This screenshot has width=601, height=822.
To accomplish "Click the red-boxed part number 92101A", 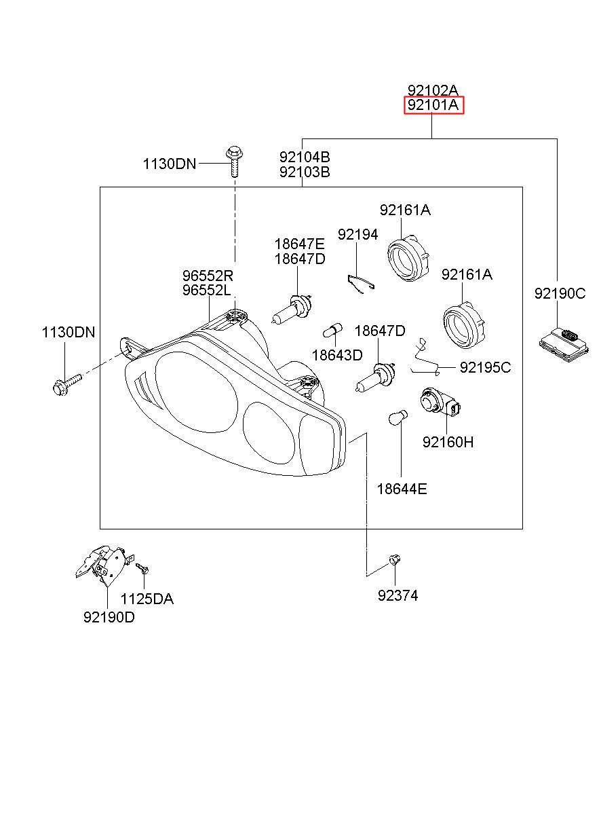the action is click(x=433, y=105).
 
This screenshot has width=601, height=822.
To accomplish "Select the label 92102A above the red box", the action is click(x=433, y=90).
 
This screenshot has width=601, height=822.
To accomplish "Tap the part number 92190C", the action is click(x=560, y=293).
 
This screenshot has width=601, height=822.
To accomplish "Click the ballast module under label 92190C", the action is click(x=563, y=345).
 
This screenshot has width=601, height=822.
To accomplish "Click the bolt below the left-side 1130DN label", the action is click(x=68, y=384).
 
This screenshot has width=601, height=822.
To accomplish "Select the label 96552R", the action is click(x=208, y=275).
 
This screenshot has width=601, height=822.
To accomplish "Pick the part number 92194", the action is click(x=358, y=234).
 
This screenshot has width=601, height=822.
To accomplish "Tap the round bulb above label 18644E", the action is click(x=398, y=417).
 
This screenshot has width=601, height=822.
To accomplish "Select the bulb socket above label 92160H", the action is click(x=440, y=403).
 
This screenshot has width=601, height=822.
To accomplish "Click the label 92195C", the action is click(x=485, y=368).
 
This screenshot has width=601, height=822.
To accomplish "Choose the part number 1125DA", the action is click(x=147, y=599).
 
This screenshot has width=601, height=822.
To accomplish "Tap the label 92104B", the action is click(x=305, y=157).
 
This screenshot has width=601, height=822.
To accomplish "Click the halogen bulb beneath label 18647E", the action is click(x=292, y=309).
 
